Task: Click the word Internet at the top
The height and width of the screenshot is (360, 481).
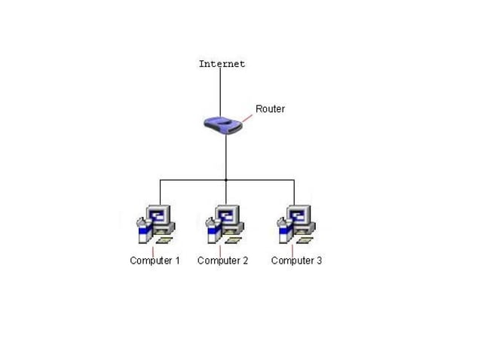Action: (x=222, y=64)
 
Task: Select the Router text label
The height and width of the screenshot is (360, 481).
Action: (x=270, y=108)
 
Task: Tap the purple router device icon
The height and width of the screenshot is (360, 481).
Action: (x=224, y=124)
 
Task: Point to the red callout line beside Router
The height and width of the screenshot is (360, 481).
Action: (x=247, y=117)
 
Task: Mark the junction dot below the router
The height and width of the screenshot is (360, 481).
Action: (x=225, y=180)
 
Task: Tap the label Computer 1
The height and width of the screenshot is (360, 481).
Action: (x=155, y=261)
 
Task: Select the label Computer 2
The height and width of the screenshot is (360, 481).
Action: (x=222, y=261)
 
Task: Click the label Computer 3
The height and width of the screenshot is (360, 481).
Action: (x=296, y=261)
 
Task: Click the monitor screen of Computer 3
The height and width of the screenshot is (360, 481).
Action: (x=299, y=215)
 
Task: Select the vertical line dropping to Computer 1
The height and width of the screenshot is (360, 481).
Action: (x=160, y=191)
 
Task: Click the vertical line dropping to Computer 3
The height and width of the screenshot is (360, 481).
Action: (x=293, y=191)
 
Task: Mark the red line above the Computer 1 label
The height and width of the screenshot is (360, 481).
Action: (x=153, y=250)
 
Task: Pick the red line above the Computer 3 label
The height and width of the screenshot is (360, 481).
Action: (x=292, y=250)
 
